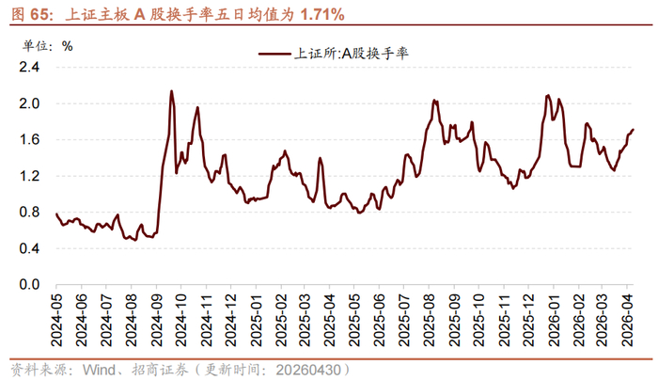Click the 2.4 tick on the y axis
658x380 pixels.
(x=29, y=67)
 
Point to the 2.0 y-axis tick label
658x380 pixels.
(x=29, y=103)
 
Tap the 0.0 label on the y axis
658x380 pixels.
(x=29, y=285)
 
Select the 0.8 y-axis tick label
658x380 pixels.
(x=29, y=212)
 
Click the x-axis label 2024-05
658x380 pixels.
(x=56, y=320)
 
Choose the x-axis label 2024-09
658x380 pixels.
(x=157, y=320)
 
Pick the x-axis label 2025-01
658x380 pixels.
(x=256, y=320)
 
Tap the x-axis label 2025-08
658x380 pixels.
(x=429, y=320)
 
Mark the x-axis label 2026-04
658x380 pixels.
(x=627, y=320)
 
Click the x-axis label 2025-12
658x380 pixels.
(x=528, y=320)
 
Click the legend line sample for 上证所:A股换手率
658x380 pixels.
(x=274, y=54)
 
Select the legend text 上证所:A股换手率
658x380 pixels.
(x=351, y=54)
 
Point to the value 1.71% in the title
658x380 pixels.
(x=322, y=15)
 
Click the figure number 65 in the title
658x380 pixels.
(x=39, y=15)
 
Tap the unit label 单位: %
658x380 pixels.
(x=47, y=46)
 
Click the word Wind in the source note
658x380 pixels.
(x=99, y=370)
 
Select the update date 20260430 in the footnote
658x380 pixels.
(x=308, y=370)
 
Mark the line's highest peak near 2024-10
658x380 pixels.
(x=171, y=90)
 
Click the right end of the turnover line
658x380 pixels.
(x=633, y=129)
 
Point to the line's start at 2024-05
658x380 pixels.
(x=56, y=214)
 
